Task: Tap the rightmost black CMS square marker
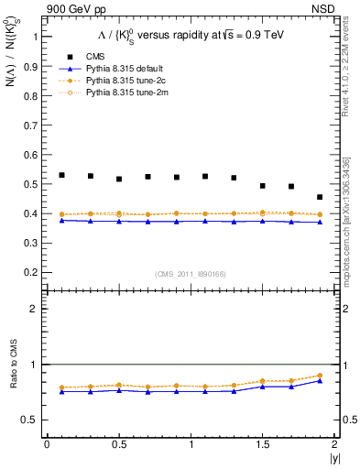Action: pyautogui.click(x=320, y=197)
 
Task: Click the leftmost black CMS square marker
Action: pyautogui.click(x=61, y=175)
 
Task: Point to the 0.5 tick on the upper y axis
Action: pyautogui.click(x=32, y=184)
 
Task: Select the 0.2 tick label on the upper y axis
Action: pyautogui.click(x=32, y=272)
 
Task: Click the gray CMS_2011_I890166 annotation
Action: pyautogui.click(x=190, y=273)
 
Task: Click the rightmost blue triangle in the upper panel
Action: pyautogui.click(x=320, y=222)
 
